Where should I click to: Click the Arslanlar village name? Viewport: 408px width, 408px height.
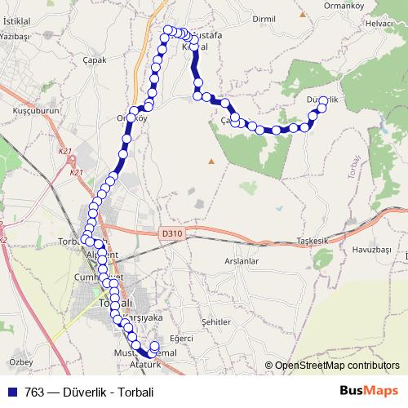(241, 261)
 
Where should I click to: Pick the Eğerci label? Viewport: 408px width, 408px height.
(180, 338)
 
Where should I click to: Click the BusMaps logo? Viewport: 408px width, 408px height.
(370, 391)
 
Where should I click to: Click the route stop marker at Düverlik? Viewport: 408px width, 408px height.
(323, 101)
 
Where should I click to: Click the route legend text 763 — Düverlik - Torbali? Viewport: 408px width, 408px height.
(89, 392)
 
